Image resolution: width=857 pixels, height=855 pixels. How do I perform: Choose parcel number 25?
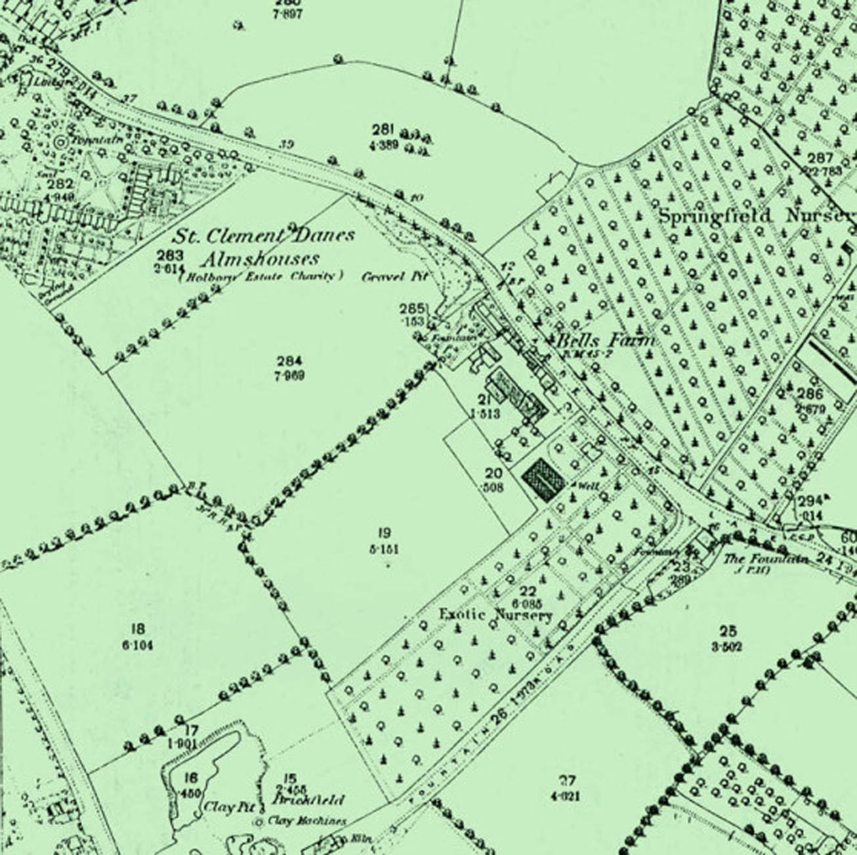pyautogui.click(x=727, y=632)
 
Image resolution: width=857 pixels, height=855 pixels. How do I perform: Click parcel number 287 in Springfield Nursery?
pyautogui.click(x=820, y=157)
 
